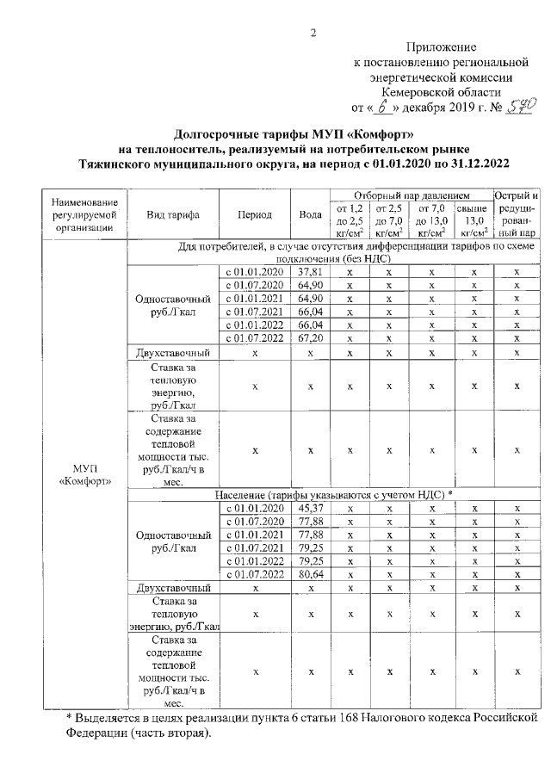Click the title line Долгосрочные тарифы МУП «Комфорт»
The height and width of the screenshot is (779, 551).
tap(294, 135)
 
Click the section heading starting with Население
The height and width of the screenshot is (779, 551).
tap(332, 496)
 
